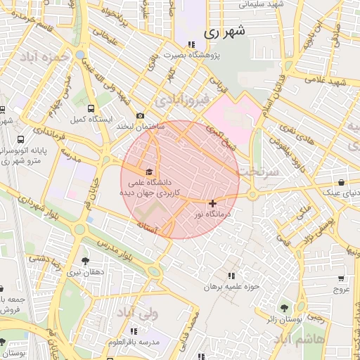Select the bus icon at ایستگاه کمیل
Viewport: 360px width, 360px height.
point(91,108)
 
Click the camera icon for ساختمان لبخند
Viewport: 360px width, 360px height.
point(141,115)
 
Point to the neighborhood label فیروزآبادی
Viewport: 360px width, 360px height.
point(184,100)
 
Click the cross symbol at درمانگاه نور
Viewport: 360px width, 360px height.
point(213,203)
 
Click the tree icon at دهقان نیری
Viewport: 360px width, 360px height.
point(86,260)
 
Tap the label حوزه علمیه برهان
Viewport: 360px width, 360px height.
point(232,286)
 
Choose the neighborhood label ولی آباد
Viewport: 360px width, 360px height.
point(136,310)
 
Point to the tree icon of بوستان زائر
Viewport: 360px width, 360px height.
point(284,308)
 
